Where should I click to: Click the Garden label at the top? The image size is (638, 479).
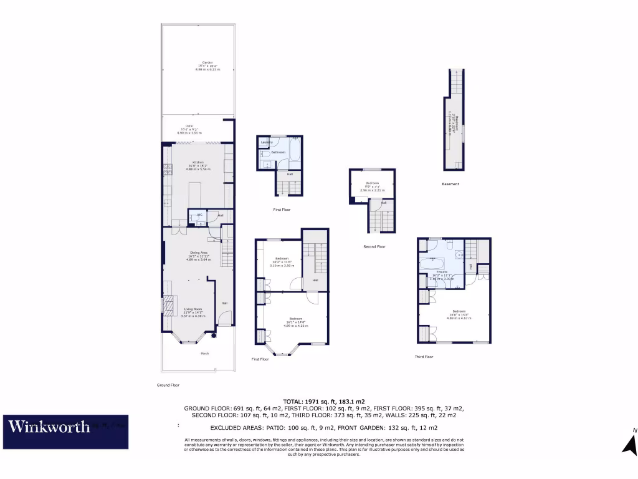tap(207, 62)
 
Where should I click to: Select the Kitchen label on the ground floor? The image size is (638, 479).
tap(198, 162)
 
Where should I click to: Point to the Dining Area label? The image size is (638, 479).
tap(198, 252)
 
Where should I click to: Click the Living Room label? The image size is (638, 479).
tap(193, 309)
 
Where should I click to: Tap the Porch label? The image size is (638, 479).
tap(204, 354)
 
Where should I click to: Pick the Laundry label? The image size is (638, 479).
tap(267, 143)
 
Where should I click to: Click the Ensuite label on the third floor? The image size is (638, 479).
tap(442, 272)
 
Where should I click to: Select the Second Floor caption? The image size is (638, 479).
tap(374, 247)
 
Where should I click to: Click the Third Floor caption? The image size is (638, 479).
tap(424, 357)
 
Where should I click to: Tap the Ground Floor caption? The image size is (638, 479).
tap(168, 385)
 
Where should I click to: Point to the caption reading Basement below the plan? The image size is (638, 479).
tap(450, 184)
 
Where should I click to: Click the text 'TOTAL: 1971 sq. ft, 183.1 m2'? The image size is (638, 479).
tap(324, 401)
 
